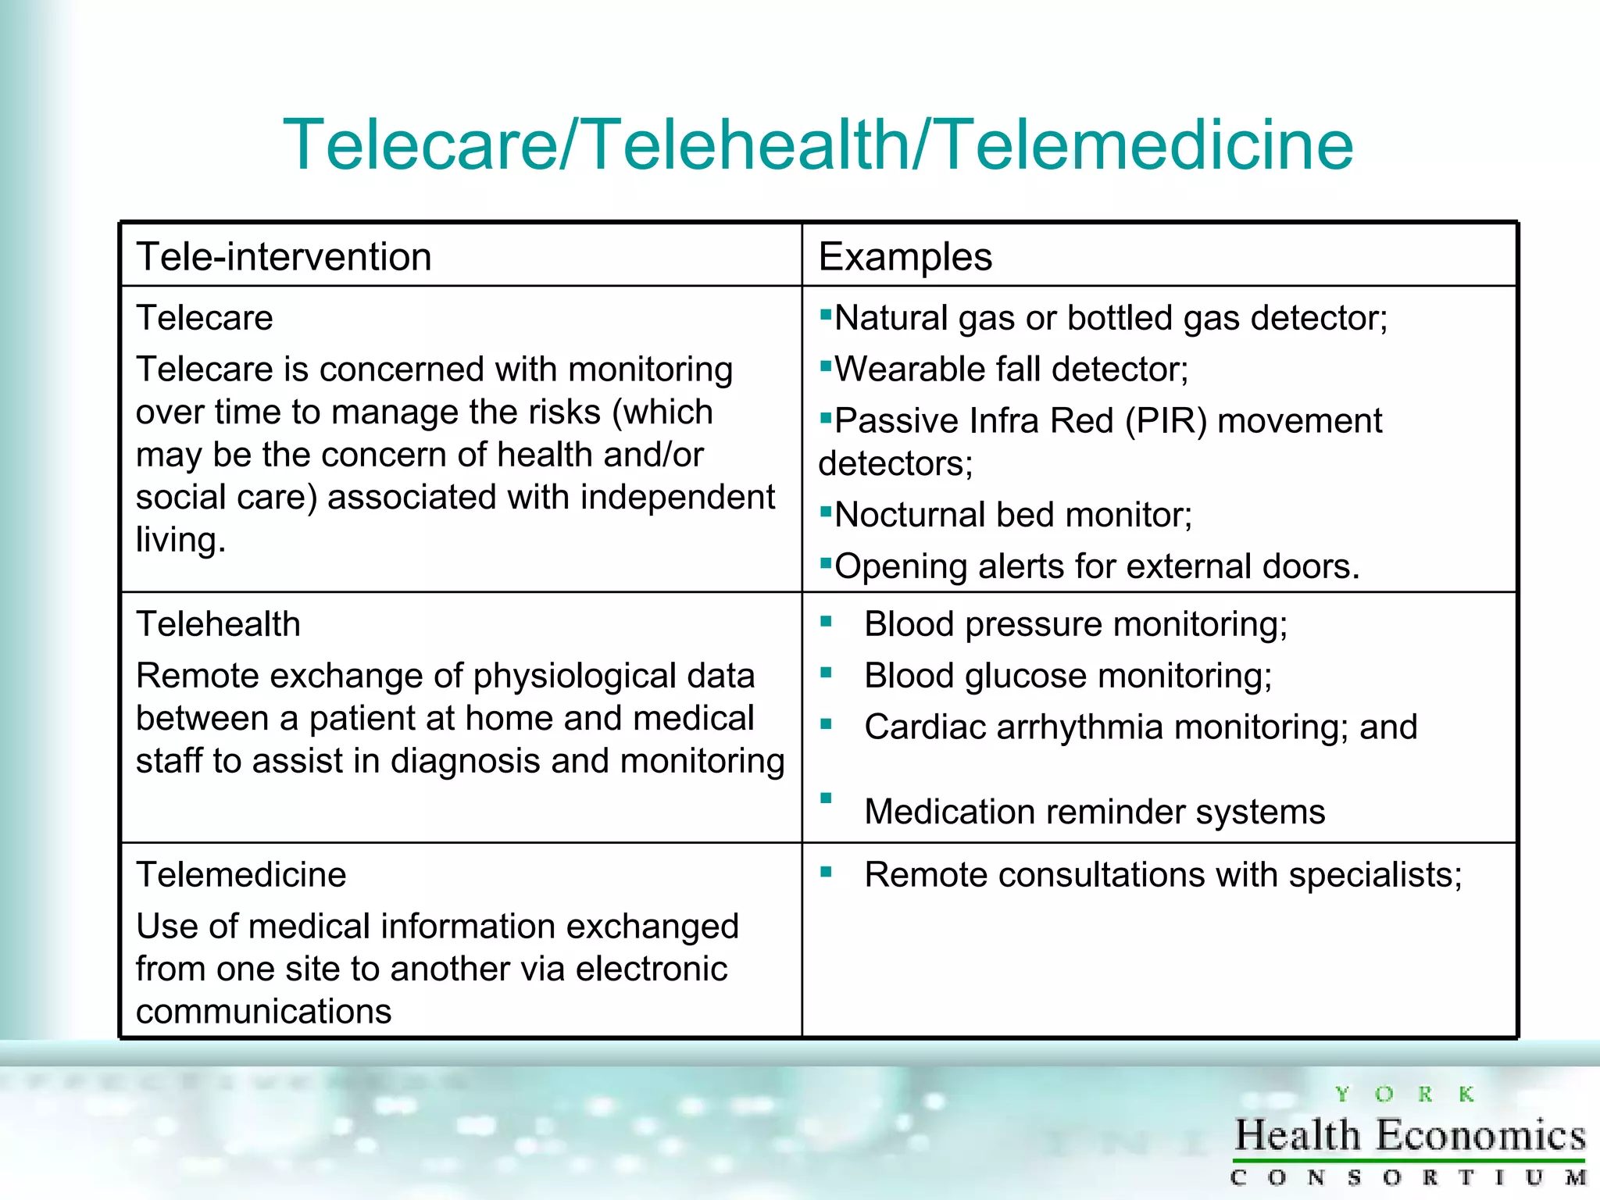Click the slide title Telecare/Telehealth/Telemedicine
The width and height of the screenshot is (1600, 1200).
(817, 145)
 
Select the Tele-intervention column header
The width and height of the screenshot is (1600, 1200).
(284, 257)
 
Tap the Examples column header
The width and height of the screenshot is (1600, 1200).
(905, 257)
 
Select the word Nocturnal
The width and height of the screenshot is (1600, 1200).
(905, 516)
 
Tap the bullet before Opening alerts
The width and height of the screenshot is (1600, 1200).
(825, 561)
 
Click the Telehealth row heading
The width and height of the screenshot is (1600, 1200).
(218, 624)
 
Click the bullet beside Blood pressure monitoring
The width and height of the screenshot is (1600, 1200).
(826, 622)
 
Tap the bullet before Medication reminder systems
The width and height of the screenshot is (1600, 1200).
(826, 798)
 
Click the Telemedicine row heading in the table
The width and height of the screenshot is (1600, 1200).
(241, 875)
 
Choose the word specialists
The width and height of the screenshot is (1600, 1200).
(1375, 875)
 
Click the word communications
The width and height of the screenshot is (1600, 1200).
(263, 1012)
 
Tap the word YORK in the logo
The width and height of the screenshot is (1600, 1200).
(1404, 1095)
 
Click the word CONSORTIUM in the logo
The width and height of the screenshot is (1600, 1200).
(1407, 1177)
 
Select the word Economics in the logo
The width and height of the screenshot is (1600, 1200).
(1480, 1135)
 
